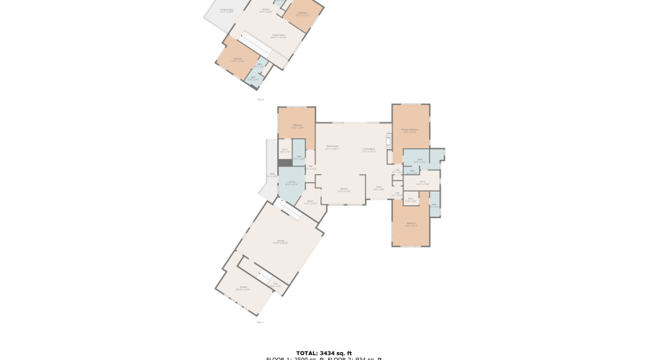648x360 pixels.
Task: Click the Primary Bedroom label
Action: point(410,132)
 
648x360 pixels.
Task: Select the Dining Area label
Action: point(332,148)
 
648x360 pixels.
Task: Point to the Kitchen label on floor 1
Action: point(344,190)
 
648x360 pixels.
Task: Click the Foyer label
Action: point(378,189)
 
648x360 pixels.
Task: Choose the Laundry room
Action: point(292,184)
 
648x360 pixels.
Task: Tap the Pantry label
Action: point(310,202)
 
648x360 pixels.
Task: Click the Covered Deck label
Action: point(226,10)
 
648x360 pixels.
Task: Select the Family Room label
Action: point(278,36)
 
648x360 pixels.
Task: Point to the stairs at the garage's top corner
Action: point(289,210)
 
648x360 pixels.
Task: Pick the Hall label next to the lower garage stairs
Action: point(276,286)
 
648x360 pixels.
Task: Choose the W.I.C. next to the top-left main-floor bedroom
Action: point(285,151)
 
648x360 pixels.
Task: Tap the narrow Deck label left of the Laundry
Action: point(272,175)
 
